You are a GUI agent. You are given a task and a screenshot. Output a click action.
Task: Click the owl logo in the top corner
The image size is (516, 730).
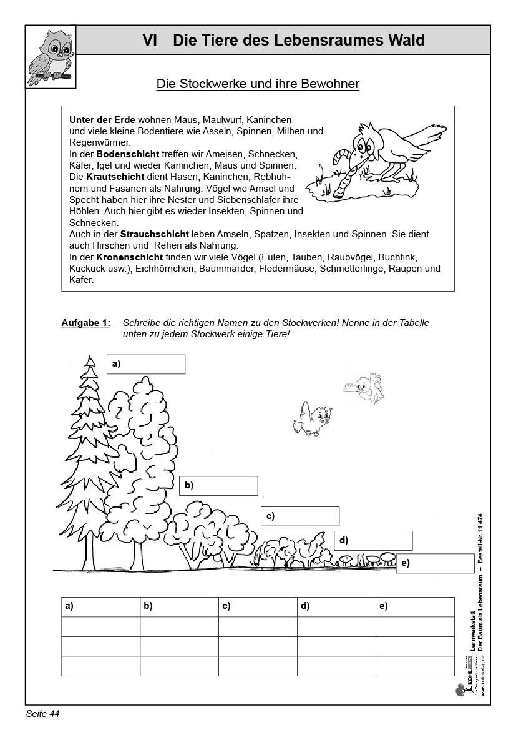click(51, 56)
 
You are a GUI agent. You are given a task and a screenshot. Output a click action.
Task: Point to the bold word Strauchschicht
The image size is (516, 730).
click(152, 234)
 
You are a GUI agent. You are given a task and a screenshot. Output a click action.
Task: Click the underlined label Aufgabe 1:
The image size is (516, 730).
click(86, 323)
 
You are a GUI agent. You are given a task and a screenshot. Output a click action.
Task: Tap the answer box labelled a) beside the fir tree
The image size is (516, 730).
click(147, 364)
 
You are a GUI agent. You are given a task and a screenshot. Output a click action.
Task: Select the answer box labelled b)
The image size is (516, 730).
click(218, 485)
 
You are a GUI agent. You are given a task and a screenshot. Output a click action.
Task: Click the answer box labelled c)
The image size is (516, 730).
click(300, 516)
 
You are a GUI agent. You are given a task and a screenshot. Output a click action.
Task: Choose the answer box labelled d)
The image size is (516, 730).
click(373, 540)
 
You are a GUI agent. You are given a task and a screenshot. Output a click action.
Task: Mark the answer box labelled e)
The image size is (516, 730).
click(436, 563)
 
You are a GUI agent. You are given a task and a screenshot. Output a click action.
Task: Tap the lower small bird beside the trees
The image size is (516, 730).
click(313, 418)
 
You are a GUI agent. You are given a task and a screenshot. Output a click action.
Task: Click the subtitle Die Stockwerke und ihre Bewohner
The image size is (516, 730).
click(258, 84)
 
